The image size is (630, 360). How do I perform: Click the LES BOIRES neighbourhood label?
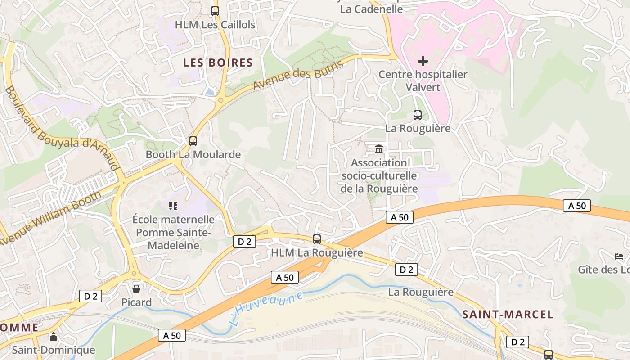point(218,63)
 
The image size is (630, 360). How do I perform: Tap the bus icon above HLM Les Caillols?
point(215,11)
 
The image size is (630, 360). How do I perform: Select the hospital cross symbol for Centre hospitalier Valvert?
point(423,61)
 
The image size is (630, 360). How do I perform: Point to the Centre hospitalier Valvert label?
point(423,81)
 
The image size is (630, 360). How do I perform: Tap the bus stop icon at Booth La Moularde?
point(193,141)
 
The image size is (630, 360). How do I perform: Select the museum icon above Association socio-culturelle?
point(379,149)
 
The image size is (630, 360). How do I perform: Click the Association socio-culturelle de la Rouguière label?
point(379,175)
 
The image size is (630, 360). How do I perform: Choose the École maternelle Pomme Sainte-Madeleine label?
point(174,232)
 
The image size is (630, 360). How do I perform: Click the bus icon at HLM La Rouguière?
point(317,239)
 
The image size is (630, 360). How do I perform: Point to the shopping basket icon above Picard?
point(136,288)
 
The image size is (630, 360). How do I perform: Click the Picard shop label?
point(136,302)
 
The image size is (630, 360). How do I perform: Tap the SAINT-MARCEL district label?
point(508,314)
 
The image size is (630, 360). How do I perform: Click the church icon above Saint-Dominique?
point(54,337)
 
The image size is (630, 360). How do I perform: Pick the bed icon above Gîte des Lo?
point(619,256)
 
